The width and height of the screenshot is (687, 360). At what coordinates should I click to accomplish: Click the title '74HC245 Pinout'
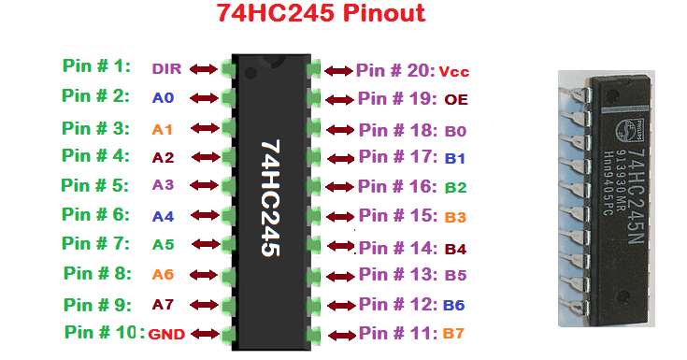(x=321, y=14)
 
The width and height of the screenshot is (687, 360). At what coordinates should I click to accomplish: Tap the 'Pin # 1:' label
(x=96, y=66)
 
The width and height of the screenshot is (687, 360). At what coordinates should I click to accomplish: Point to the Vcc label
(x=452, y=72)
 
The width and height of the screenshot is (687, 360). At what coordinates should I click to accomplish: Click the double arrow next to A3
(x=204, y=185)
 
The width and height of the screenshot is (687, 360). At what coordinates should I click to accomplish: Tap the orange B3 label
(x=455, y=218)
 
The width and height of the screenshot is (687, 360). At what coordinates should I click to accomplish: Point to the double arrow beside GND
(x=204, y=334)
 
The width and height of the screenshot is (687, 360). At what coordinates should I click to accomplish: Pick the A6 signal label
(x=163, y=275)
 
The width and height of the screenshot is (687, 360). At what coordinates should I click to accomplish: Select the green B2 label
(x=455, y=188)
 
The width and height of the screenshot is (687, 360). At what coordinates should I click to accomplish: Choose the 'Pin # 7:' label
(x=96, y=243)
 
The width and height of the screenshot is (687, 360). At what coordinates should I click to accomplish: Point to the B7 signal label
(x=453, y=333)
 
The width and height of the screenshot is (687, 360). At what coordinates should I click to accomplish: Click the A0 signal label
(x=164, y=97)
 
